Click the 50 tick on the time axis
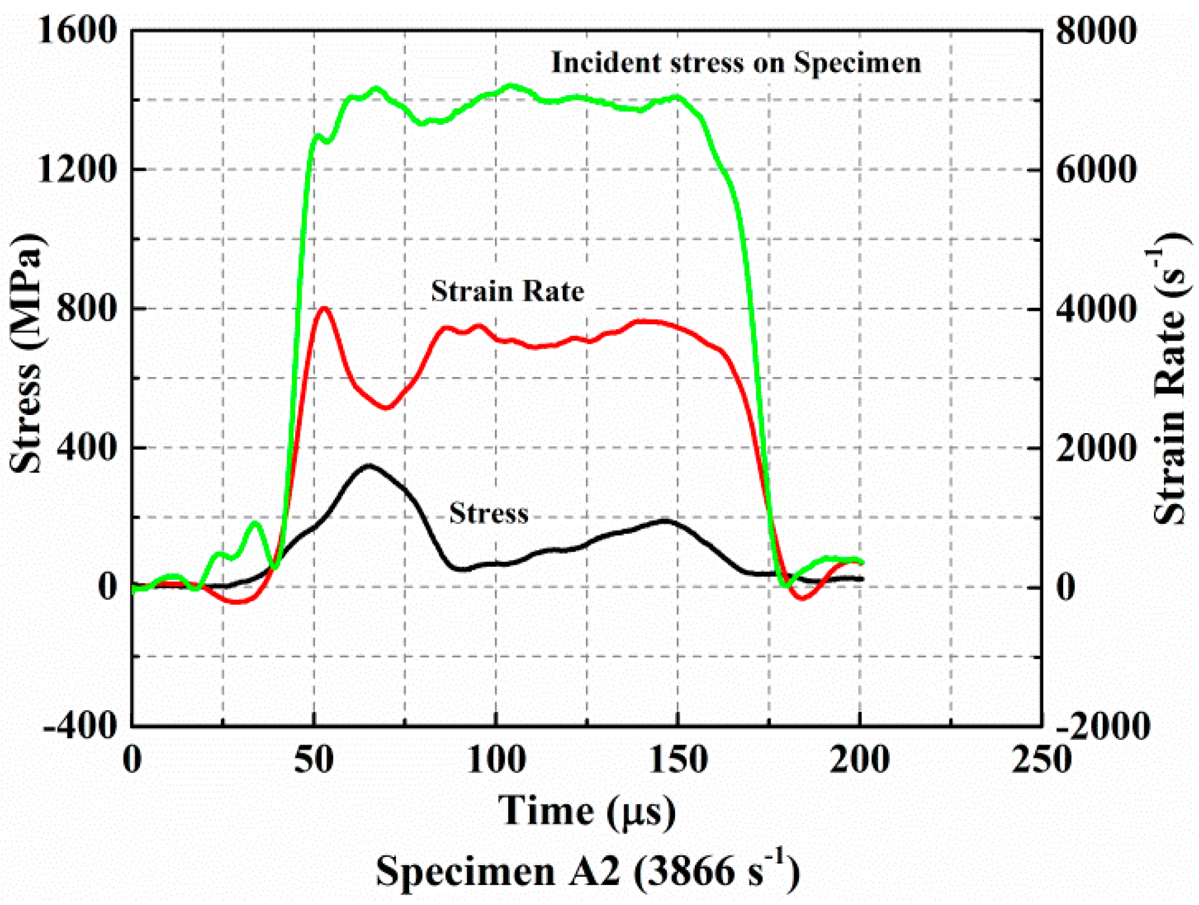(x=314, y=760)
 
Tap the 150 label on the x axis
(x=678, y=760)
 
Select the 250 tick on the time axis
(x=1041, y=760)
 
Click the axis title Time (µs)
(x=587, y=811)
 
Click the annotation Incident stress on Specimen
(x=736, y=63)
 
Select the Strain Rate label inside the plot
(x=507, y=291)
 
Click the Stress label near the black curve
(x=488, y=513)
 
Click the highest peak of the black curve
(x=369, y=466)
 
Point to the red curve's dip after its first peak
(x=386, y=407)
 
